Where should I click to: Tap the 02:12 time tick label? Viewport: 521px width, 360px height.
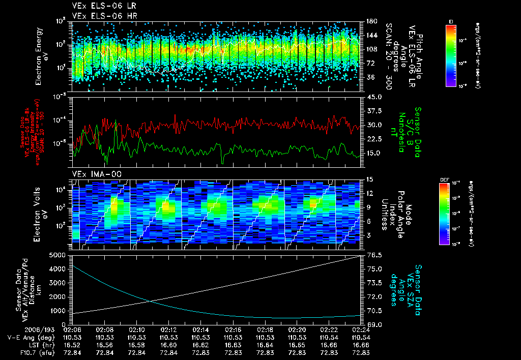[169, 329]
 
